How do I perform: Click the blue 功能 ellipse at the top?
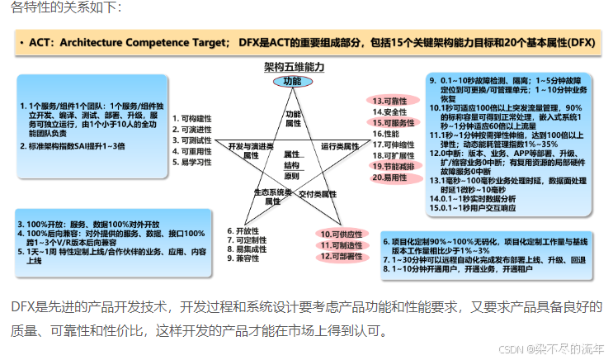pos(292,82)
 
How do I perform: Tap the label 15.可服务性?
pos(393,122)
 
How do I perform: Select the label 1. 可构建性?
pos(192,119)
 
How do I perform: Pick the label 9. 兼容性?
pos(245,259)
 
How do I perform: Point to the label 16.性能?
pos(384,133)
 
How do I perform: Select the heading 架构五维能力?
pos(292,66)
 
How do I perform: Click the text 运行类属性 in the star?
pos(340,145)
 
